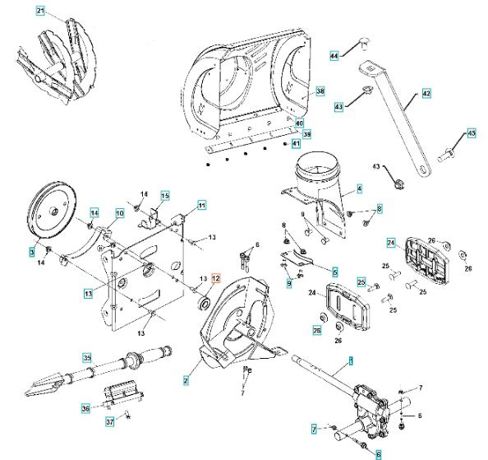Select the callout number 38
tap(320, 91)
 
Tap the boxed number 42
tap(426, 94)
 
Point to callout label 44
tap(334, 55)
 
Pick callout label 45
tap(471, 132)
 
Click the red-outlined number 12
tap(217, 278)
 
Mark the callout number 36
tap(85, 407)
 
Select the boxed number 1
tap(351, 360)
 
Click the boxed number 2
tap(186, 380)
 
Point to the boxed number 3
tap(34, 250)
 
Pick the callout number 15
tap(164, 195)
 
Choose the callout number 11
tap(202, 204)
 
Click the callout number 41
tap(296, 143)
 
